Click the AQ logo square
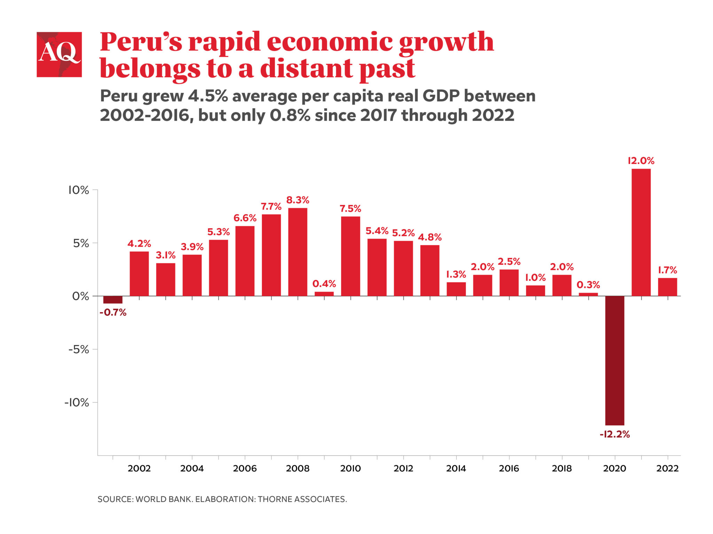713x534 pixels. pyautogui.click(x=59, y=55)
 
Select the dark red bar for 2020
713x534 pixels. pyautogui.click(x=614, y=360)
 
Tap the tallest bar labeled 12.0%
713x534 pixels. pyautogui.click(x=641, y=232)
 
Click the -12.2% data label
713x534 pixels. pyautogui.click(x=614, y=434)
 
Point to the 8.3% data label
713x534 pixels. pyautogui.click(x=298, y=200)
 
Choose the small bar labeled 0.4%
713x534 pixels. pyautogui.click(x=324, y=294)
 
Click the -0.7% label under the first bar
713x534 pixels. pyautogui.click(x=113, y=312)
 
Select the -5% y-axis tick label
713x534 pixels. pyautogui.click(x=79, y=349)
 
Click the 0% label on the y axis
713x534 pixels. pyautogui.click(x=80, y=296)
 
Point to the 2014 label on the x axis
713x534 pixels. pyautogui.click(x=456, y=468)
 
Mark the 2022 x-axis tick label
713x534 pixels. pyautogui.click(x=667, y=468)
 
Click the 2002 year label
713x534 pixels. pyautogui.click(x=139, y=468)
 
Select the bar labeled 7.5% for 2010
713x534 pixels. pyautogui.click(x=351, y=256)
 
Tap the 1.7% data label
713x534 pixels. pyautogui.click(x=667, y=270)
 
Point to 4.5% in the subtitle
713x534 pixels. pyautogui.click(x=208, y=96)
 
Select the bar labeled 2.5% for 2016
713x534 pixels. pyautogui.click(x=509, y=283)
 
